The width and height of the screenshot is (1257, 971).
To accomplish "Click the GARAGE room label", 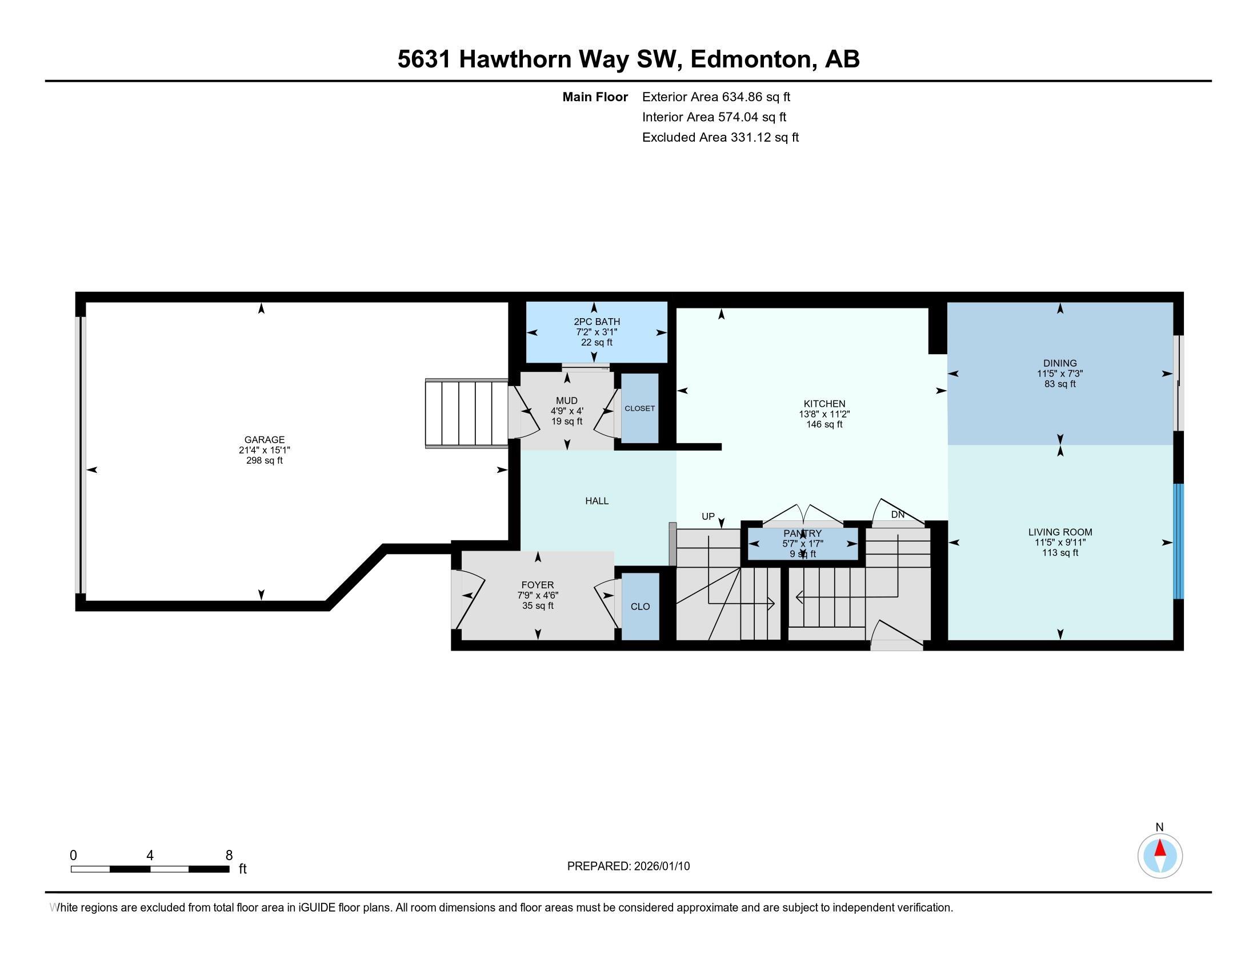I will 264,440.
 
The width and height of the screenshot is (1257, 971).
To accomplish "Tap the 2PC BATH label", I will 597,322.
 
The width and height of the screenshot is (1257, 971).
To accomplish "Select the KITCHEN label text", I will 824,404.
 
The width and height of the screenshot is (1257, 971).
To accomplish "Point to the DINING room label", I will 1059,363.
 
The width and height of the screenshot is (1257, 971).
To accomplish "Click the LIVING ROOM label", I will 1059,532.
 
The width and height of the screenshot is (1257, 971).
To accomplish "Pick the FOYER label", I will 538,585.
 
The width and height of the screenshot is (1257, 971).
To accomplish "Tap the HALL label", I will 597,501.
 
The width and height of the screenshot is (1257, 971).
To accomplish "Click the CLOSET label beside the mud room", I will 639,408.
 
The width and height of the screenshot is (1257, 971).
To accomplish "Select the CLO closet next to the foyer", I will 640,606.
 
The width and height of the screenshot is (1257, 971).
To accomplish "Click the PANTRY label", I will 802,534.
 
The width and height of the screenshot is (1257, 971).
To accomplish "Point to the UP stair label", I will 708,516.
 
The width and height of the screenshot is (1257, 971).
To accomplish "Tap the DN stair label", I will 898,515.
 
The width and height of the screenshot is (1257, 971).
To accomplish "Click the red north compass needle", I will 1160,848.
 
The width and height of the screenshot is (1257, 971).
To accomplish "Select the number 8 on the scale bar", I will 229,855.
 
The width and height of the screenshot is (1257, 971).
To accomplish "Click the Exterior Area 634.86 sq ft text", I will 716,97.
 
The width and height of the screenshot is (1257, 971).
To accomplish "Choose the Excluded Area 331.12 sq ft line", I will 720,138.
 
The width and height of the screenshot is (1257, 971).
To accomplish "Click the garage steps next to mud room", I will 466,413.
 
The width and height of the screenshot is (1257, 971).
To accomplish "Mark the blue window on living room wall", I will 1178,541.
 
